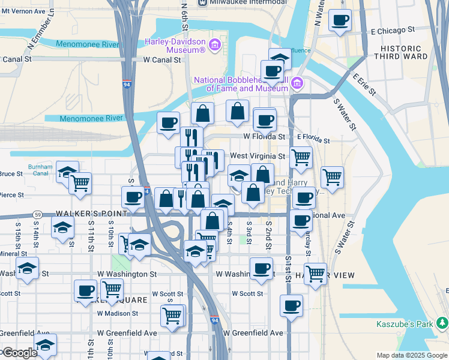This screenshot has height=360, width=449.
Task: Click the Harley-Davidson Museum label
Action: coord(175,46)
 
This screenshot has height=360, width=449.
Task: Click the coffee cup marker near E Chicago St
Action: coord(340,21)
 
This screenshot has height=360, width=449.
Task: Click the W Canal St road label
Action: coord(162,60)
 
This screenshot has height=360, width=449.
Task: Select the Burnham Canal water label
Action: coord(40,170)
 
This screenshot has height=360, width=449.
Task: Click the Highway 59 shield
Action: coord(37,214)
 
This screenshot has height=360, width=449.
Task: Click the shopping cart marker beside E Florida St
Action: coord(301,158)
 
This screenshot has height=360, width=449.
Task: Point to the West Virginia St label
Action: coord(258,155)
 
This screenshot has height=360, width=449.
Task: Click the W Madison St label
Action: coord(117,313)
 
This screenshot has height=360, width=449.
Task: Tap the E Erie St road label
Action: coord(364,85)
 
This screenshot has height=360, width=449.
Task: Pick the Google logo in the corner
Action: coord(19,353)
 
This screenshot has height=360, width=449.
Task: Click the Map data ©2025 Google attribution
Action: coord(411,355)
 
